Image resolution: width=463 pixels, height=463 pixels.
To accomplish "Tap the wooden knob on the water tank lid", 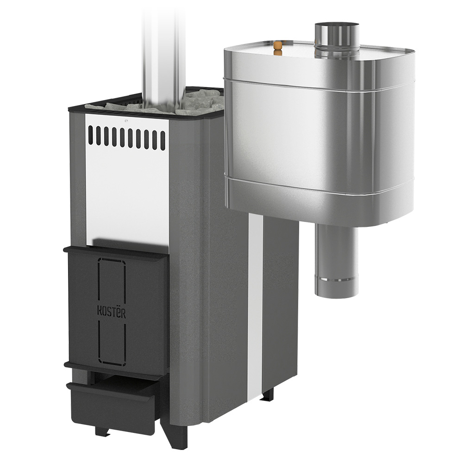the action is [277, 49].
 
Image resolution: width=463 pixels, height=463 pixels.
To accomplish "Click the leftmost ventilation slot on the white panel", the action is [90, 135].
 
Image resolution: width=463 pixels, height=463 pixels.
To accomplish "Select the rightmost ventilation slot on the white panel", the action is [163, 141].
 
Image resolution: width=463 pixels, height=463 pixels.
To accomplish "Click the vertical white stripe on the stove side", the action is [255, 304].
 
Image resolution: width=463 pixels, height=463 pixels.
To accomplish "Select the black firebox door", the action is [117, 311].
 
